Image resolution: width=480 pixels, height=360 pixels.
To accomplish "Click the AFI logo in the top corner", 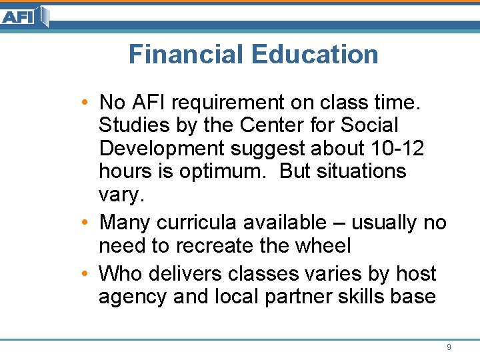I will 25,16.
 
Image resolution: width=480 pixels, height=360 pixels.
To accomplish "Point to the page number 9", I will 449,347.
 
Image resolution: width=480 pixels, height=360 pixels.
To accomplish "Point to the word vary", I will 121,195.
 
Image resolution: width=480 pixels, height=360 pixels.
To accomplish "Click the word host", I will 415,274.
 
